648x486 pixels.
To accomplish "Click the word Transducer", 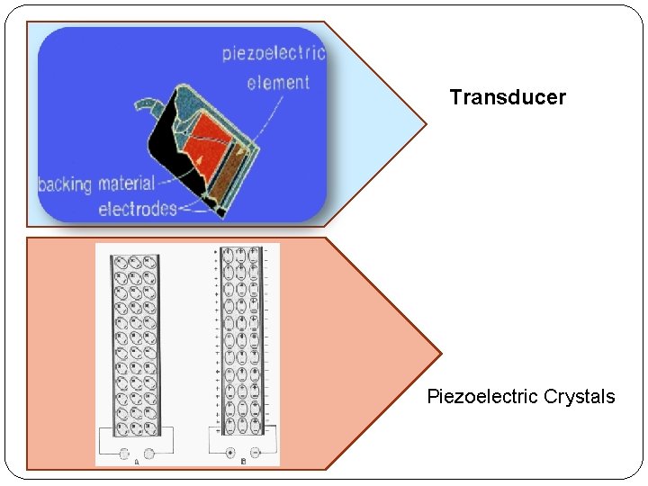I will click(x=508, y=97).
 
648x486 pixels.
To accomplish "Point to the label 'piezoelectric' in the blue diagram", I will click(x=273, y=53).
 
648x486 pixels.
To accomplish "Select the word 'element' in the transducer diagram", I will click(x=278, y=83).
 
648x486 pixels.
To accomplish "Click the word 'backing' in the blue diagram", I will click(x=65, y=184).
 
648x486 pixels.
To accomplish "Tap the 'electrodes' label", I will click(x=137, y=209).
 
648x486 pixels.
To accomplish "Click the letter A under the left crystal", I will click(x=136, y=462).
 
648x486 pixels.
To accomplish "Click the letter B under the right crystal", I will click(x=243, y=462).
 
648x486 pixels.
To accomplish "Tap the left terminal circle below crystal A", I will click(x=125, y=454).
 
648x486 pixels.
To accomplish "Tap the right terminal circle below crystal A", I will click(x=149, y=454).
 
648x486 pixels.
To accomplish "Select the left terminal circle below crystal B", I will click(x=231, y=453).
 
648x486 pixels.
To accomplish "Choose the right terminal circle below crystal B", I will click(x=256, y=453).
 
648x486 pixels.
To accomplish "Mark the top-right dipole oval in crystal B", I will click(x=255, y=253).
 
